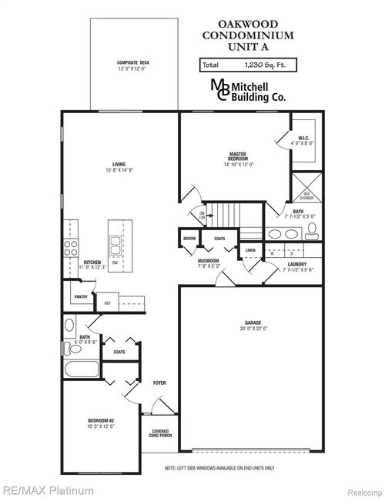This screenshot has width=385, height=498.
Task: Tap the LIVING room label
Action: point(119,166)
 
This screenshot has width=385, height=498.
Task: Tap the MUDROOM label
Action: point(208,263)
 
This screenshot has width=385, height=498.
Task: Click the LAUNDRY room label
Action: point(296,267)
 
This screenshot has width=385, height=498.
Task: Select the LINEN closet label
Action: point(250,250)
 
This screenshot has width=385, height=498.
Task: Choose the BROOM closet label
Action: point(189,239)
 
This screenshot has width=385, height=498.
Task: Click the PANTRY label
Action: point(79,296)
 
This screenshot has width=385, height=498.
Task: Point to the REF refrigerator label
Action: point(107,303)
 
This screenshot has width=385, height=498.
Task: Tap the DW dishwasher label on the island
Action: point(115,263)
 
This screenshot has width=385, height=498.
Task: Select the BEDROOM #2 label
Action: point(100,423)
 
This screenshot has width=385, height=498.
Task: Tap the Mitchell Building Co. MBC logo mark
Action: point(220,89)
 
